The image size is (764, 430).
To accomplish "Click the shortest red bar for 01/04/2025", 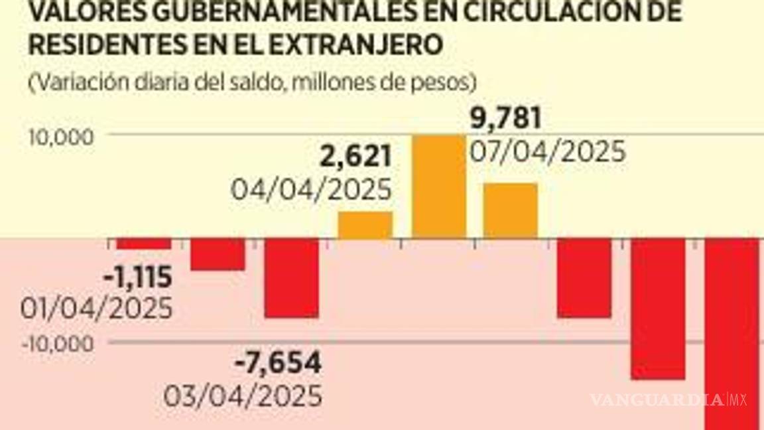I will tap(144, 244).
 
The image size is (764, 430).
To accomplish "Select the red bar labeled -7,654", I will tap(291, 278).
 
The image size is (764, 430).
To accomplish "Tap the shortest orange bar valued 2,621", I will tap(365, 225).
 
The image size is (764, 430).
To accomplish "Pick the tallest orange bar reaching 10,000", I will tap(438, 186).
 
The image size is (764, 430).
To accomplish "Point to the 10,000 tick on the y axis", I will tap(58, 137).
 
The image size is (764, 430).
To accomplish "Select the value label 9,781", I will tap(506, 119).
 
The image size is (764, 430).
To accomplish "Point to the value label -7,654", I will tap(279, 363).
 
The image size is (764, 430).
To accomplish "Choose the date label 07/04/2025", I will tap(547, 153).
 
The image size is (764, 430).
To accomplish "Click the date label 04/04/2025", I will tap(311, 190).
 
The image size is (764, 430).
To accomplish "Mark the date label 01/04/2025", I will tap(97, 309).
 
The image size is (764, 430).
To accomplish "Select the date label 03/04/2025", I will tap(242, 396).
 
